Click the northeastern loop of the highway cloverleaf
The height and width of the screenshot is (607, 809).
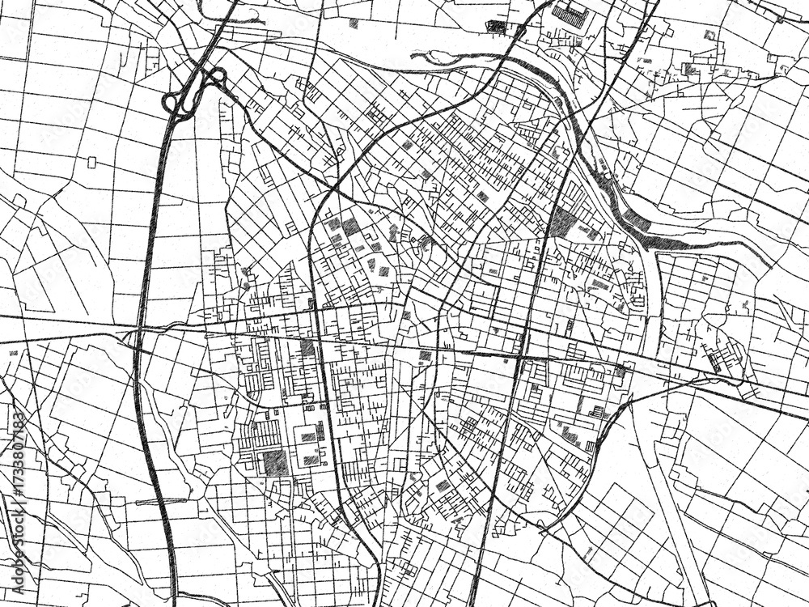(216, 78)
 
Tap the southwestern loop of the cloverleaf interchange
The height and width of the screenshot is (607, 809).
(172, 103)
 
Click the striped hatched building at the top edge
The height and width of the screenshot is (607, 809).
(573, 14)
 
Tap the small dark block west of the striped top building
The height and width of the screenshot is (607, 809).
(497, 27)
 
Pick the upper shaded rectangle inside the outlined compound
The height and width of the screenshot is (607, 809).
(308, 437)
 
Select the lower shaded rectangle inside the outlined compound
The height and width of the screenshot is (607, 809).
(311, 460)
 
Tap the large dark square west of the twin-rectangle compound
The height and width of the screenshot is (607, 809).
(275, 462)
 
